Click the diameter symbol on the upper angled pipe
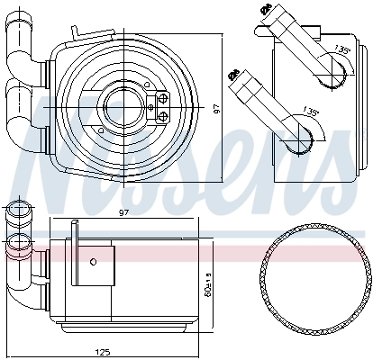[x=267, y=9]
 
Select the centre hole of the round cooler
[x=121, y=105]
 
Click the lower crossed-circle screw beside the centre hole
[x=163, y=115]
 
